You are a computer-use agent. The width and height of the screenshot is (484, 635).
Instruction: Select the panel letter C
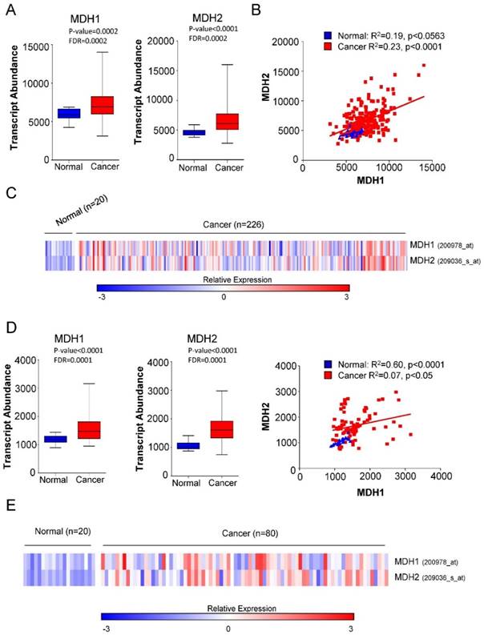[x=10, y=193]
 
